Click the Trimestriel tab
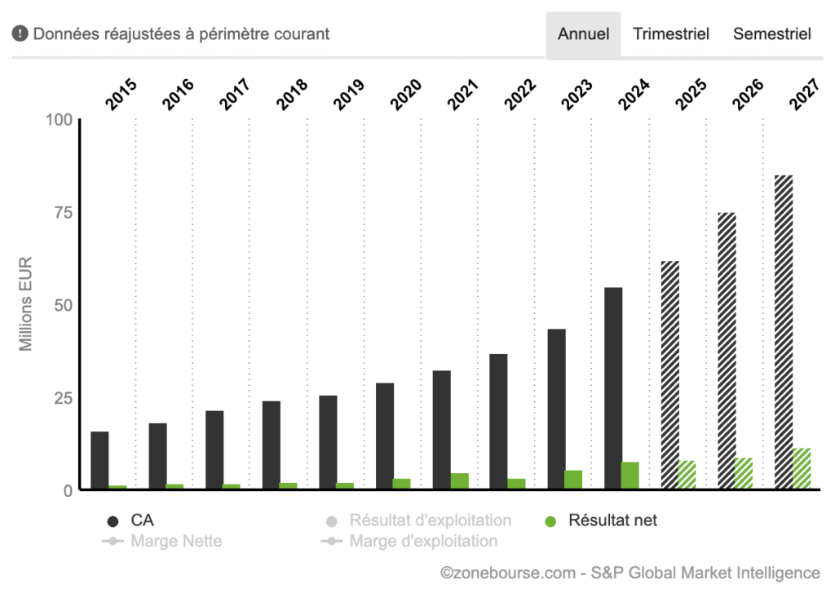coord(671,34)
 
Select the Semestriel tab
coord(771,34)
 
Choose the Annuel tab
coord(583,34)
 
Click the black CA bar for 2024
coord(613,388)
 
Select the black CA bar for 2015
coord(99,460)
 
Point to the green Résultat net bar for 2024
coord(630,476)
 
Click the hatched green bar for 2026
coord(744,473)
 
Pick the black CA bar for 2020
coord(385,436)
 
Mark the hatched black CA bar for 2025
coord(670,375)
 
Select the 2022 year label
coord(519,95)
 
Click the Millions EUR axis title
coord(26,304)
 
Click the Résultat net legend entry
coord(612,520)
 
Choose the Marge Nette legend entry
coord(175,541)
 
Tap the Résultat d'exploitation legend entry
coord(430,520)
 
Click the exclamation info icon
coord(20,34)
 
